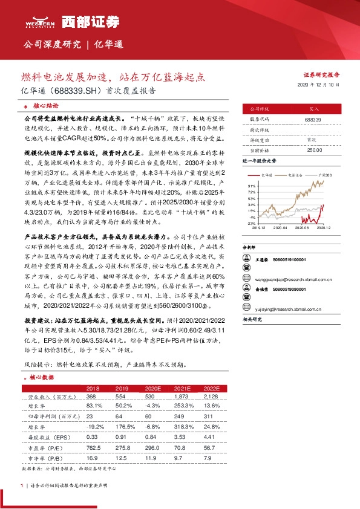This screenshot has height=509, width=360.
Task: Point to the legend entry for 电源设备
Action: pyautogui.click(x=296, y=173)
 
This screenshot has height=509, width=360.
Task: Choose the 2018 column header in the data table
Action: pyautogui.click(x=93, y=388)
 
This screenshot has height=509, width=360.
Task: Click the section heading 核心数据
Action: pyautogui.click(x=40, y=377)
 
